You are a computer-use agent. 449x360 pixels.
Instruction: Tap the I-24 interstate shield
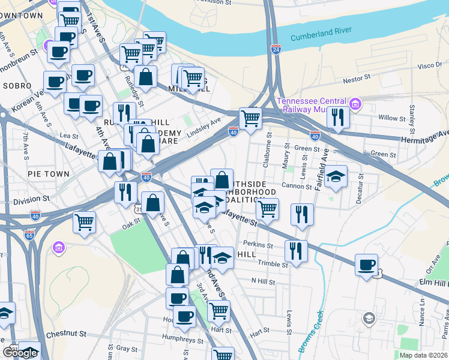(276, 49)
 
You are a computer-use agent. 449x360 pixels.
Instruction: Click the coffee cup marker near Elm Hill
(366, 265)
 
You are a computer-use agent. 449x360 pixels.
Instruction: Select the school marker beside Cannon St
(336, 176)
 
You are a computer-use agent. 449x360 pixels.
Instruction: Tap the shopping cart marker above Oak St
(85, 221)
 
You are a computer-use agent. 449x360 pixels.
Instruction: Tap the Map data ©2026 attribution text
(423, 355)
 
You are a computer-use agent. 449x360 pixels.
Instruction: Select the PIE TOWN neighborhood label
(49, 173)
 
